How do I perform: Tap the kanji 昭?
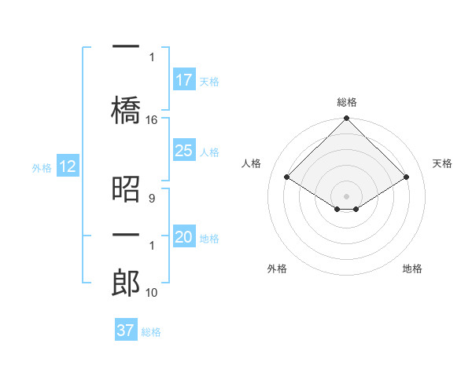tap(126, 188)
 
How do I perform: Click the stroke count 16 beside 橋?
tap(152, 120)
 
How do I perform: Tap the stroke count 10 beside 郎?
tap(152, 293)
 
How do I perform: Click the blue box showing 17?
tap(184, 80)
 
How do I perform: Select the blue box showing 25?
tap(184, 151)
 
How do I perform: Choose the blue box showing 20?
tap(184, 237)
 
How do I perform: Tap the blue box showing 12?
tap(67, 166)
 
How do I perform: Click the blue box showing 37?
tap(126, 331)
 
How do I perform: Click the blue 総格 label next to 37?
tap(152, 332)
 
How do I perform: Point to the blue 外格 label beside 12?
tap(42, 167)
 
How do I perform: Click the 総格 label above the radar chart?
tap(346, 102)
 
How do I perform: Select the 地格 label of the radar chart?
tap(412, 269)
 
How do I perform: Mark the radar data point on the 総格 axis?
tap(346, 119)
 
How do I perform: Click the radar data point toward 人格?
tap(286, 177)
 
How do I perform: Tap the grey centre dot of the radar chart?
tap(346, 195)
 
